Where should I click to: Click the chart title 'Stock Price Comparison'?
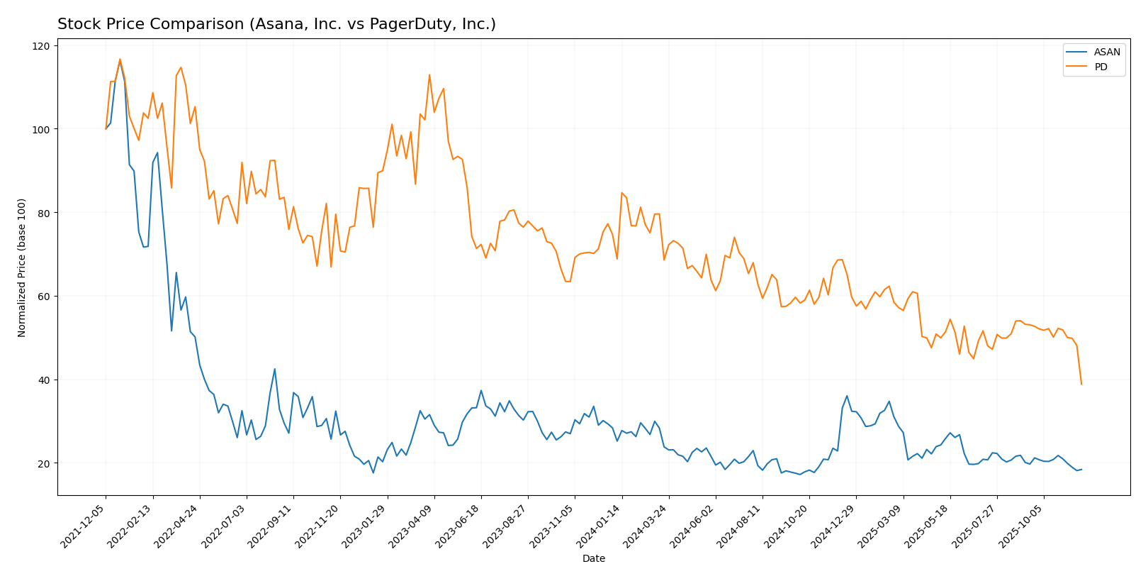(x=276, y=25)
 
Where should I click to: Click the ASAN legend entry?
(x=1107, y=52)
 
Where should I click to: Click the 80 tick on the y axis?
(x=44, y=213)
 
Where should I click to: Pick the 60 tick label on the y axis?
(x=44, y=297)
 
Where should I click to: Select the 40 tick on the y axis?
(x=44, y=380)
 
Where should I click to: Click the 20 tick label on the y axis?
(x=44, y=463)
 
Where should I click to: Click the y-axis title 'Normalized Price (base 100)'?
(x=22, y=267)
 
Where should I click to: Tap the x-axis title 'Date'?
(x=594, y=559)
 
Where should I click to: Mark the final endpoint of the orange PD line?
(x=1081, y=384)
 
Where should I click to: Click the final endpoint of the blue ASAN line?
(x=1081, y=469)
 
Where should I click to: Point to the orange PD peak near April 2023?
(x=429, y=75)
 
